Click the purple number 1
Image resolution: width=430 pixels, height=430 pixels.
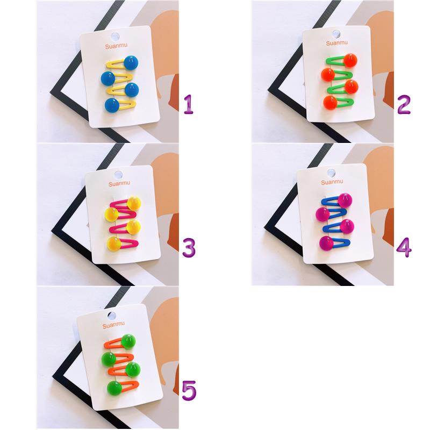coord(189,104)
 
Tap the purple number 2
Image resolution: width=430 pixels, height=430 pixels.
coord(404,104)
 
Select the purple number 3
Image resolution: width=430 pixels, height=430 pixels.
coord(189,248)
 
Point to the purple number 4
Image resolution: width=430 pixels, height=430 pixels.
coord(404,247)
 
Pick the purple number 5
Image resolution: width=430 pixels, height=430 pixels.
coord(189,391)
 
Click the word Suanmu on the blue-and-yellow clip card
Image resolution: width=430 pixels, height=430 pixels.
coord(116,46)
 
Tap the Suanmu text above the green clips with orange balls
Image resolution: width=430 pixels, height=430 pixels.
coord(337,43)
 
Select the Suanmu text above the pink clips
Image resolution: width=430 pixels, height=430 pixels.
coord(119,183)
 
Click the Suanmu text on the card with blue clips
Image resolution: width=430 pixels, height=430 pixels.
coord(332,182)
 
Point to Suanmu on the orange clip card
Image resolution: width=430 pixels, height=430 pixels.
coord(113,325)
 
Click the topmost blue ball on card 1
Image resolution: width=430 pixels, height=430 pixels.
coord(131,63)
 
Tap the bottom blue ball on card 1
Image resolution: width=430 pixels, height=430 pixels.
coord(112,105)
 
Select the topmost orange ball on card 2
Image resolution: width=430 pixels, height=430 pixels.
coord(350,60)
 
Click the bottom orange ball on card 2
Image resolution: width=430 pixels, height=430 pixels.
coord(330,103)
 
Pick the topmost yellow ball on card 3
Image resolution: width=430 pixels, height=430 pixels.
coord(134,204)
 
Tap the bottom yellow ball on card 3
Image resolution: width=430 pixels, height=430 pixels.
coord(114,244)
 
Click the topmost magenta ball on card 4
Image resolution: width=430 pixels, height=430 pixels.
coord(345,200)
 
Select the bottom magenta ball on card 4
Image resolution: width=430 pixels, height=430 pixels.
coord(326,243)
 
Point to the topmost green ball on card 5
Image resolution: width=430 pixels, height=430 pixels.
coord(128,342)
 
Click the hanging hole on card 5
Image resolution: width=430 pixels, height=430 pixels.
coord(112,316)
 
